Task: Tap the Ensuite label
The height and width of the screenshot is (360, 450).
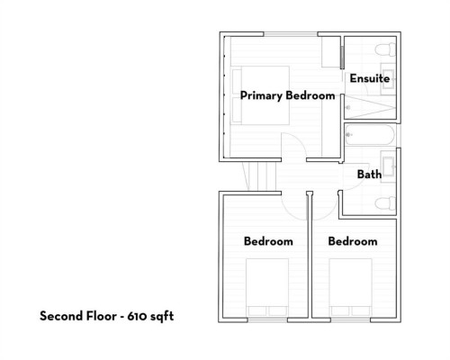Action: click(369, 78)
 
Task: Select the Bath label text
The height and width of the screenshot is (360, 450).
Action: click(368, 174)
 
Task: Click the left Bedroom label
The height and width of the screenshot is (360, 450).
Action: click(269, 241)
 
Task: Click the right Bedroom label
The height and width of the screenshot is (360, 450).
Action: click(352, 241)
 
